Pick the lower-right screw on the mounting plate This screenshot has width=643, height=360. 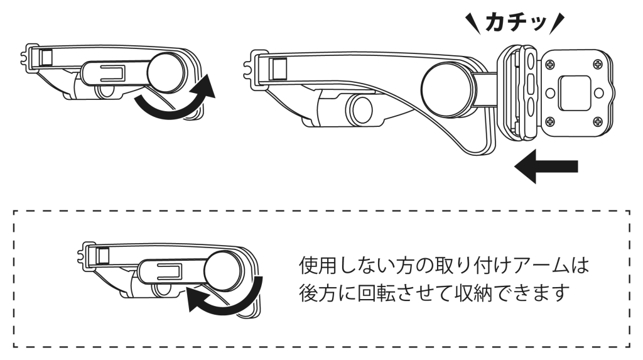598,121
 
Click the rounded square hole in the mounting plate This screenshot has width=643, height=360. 575,92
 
